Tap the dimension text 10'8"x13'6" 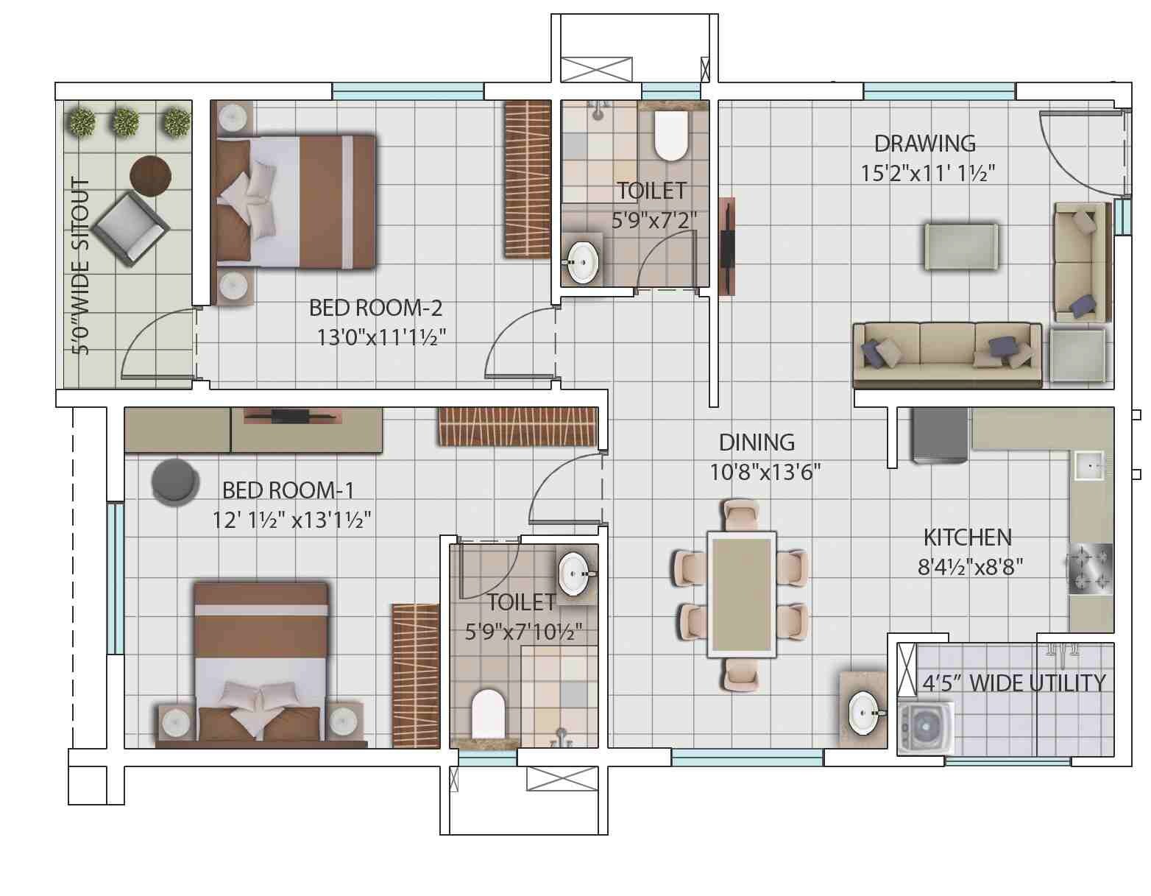click(x=765, y=471)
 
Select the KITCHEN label click(x=967, y=537)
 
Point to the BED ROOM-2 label click(x=375, y=307)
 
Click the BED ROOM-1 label click(x=288, y=490)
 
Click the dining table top click(x=741, y=593)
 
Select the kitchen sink click(x=1089, y=465)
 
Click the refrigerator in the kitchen click(x=940, y=436)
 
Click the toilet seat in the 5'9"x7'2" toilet click(x=670, y=136)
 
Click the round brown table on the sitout click(x=150, y=175)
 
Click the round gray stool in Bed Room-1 click(x=174, y=481)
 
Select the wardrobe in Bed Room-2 click(x=527, y=179)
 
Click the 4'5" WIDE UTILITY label click(x=1013, y=683)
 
